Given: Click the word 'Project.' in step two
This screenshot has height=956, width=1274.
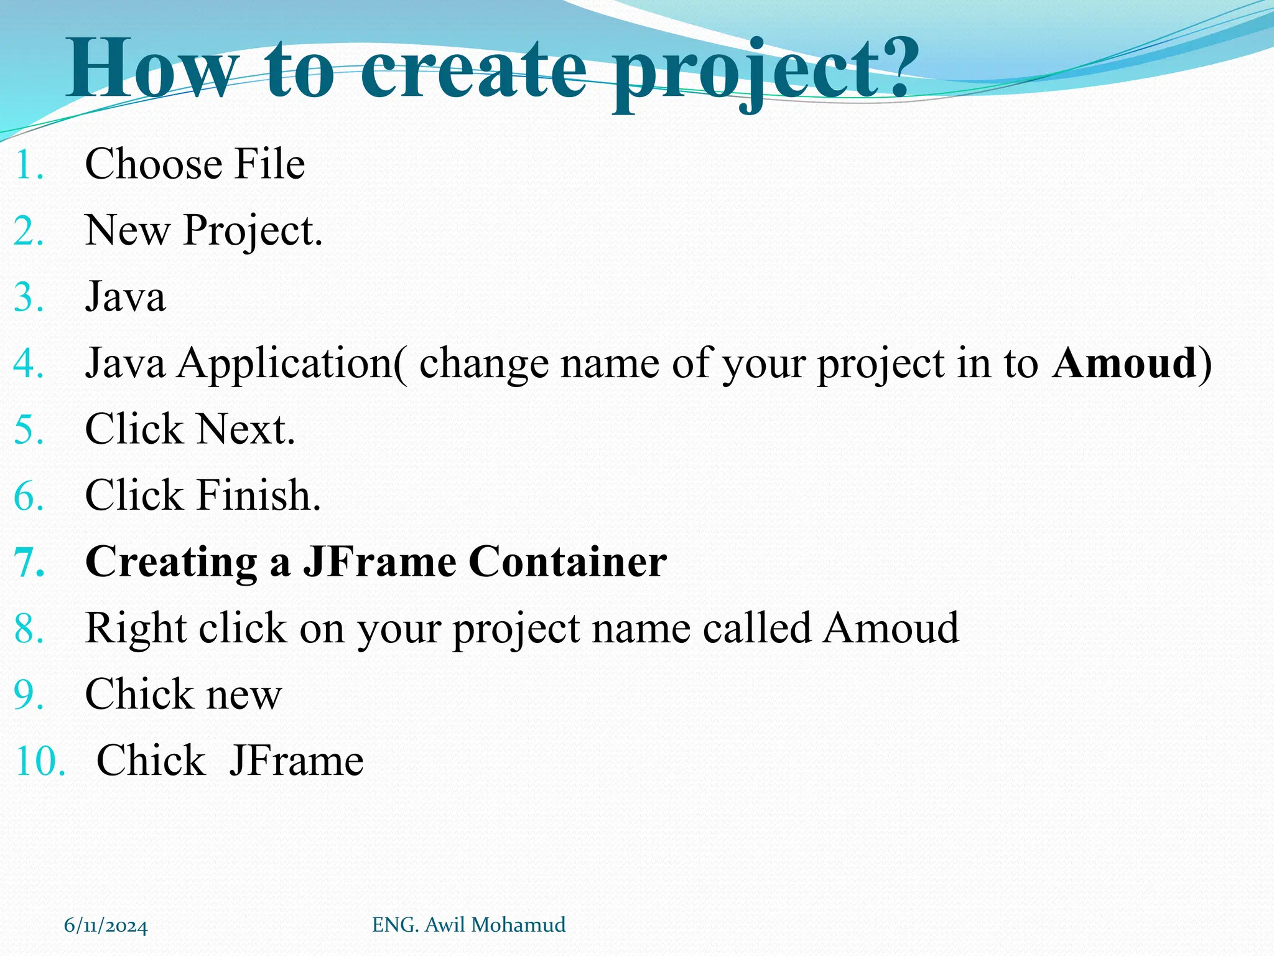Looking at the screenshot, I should pyautogui.click(x=253, y=231).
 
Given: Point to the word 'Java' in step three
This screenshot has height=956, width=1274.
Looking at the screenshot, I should pyautogui.click(x=125, y=297).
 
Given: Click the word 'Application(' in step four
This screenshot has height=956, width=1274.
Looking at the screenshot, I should pyautogui.click(x=292, y=363).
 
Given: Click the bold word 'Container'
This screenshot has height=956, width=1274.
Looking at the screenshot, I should pyautogui.click(x=567, y=561).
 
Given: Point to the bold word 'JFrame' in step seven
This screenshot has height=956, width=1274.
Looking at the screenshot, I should pyautogui.click(x=379, y=561).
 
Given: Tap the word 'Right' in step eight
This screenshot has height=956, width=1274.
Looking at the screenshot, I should pyautogui.click(x=136, y=628).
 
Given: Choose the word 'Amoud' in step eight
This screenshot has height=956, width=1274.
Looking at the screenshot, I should pyautogui.click(x=891, y=628).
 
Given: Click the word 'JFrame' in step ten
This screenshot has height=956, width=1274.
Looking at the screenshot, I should pyautogui.click(x=296, y=761).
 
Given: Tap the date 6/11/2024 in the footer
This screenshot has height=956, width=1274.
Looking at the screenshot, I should pyautogui.click(x=106, y=926).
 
